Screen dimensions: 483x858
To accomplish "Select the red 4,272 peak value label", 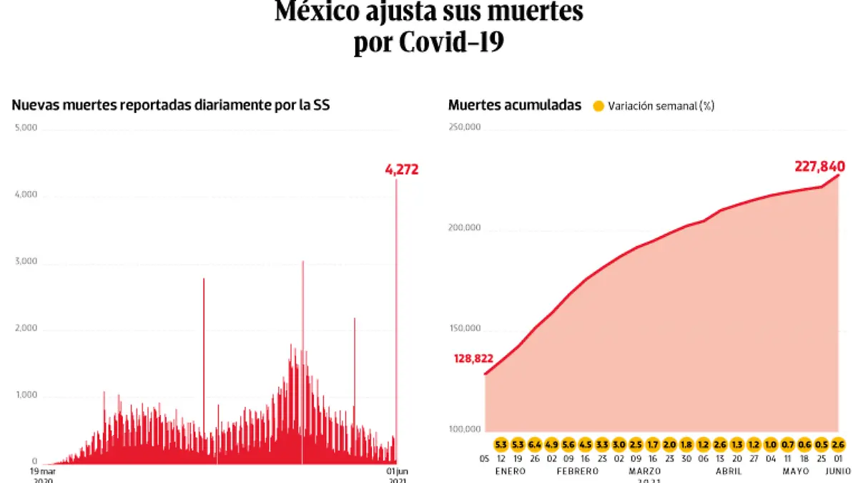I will (x=401, y=170).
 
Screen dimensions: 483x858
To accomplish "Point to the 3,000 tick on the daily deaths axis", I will (x=26, y=262).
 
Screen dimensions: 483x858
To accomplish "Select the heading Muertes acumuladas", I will (x=515, y=105).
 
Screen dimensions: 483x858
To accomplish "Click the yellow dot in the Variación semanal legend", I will (x=598, y=106).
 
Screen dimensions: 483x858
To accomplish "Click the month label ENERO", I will (x=510, y=472).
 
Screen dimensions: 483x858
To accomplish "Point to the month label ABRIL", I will (x=728, y=472).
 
